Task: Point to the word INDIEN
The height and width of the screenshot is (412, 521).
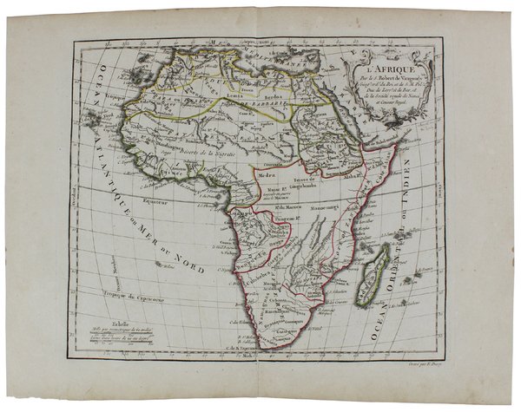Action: [427, 224]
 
